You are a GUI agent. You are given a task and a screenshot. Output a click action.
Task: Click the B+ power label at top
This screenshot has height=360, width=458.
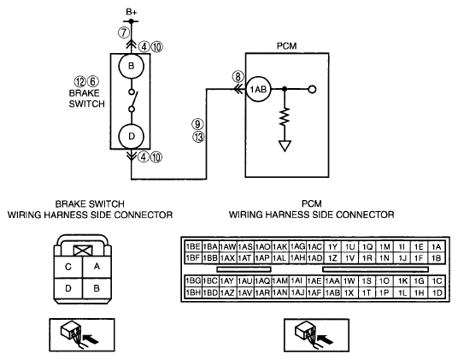(131, 12)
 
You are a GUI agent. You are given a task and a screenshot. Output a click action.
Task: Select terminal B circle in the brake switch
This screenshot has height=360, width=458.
(131, 66)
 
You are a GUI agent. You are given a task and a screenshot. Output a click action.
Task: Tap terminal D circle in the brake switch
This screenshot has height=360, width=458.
(131, 136)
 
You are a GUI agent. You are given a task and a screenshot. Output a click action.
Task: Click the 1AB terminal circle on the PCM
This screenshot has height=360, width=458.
(259, 89)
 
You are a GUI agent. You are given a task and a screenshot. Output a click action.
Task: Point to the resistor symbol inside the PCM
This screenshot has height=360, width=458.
(285, 116)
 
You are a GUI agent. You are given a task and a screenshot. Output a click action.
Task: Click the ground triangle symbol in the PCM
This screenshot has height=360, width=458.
(285, 146)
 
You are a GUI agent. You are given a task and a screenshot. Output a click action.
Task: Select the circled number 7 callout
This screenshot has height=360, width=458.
(124, 32)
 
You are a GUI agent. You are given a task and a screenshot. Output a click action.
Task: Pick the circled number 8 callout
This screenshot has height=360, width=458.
(238, 77)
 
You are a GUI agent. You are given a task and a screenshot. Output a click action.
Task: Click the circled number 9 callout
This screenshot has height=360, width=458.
(197, 124)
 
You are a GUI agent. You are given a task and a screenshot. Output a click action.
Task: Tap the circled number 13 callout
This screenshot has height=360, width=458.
(199, 137)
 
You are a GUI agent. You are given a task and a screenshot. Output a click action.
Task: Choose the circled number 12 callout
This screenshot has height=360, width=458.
(80, 82)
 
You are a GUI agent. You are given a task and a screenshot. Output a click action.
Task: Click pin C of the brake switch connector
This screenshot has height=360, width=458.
(68, 267)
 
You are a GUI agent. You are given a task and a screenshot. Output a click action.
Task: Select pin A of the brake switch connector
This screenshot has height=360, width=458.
(97, 267)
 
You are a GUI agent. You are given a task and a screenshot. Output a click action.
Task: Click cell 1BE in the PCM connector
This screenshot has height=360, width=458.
(193, 247)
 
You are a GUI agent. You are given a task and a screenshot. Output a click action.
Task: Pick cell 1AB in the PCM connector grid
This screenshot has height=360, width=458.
(332, 292)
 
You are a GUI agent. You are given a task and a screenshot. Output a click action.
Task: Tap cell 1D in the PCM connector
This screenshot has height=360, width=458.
(437, 292)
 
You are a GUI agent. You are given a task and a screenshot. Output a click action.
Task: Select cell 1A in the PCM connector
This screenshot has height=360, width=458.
(437, 247)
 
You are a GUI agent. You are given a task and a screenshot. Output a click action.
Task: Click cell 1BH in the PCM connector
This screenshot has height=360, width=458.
(193, 292)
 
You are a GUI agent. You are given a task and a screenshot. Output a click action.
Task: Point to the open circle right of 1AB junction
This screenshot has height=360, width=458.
(312, 90)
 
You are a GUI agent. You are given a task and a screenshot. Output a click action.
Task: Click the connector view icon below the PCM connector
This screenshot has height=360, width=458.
(316, 335)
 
